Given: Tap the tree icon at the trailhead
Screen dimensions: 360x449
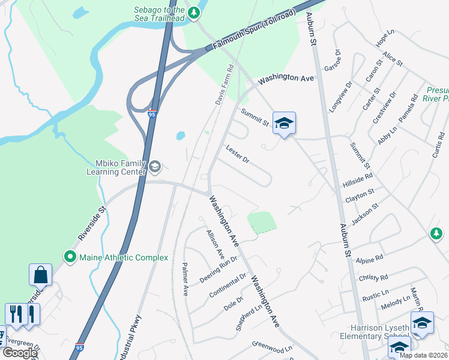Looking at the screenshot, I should [194, 13].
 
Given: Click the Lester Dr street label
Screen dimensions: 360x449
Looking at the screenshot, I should [237, 154].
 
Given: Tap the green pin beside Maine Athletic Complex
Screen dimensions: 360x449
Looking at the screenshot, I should [70, 257].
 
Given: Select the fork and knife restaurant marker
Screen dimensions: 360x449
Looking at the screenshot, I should [22, 314].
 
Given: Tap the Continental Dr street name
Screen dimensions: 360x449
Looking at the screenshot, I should [228, 286].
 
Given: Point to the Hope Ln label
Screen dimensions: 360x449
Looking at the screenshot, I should [385, 38].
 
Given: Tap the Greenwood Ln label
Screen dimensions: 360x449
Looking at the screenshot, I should [271, 347].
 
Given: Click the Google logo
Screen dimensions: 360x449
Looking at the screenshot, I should [20, 352].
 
